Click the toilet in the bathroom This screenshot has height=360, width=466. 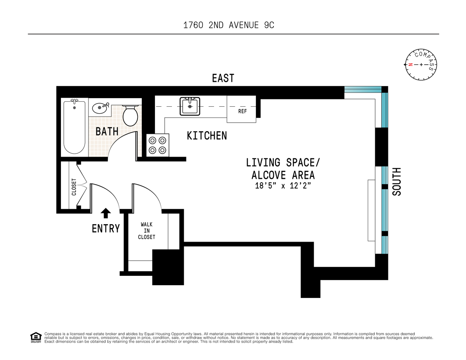(x=130, y=115)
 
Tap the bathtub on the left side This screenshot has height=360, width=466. (x=74, y=127)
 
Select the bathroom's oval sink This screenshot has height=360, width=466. (x=100, y=108)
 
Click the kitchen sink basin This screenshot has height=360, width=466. (x=190, y=106)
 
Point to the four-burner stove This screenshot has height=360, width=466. (x=158, y=145)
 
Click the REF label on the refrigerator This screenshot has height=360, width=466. (x=242, y=111)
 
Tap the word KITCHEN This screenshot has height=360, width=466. (x=207, y=136)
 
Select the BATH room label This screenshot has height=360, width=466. (x=107, y=131)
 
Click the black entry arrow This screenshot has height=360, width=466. (x=106, y=213)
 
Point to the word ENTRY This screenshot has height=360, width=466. (x=106, y=228)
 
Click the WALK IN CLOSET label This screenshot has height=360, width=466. (x=146, y=231)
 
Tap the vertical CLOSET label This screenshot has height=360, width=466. (x=74, y=187)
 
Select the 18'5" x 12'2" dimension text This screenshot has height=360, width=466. (x=283, y=185)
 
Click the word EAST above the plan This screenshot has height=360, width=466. (x=223, y=78)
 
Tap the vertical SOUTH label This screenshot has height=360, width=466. (x=396, y=182)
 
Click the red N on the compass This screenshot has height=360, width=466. (x=410, y=64)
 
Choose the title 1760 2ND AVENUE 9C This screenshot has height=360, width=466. (x=229, y=25)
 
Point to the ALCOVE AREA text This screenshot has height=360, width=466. (x=283, y=175)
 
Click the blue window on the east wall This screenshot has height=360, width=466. (x=363, y=89)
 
